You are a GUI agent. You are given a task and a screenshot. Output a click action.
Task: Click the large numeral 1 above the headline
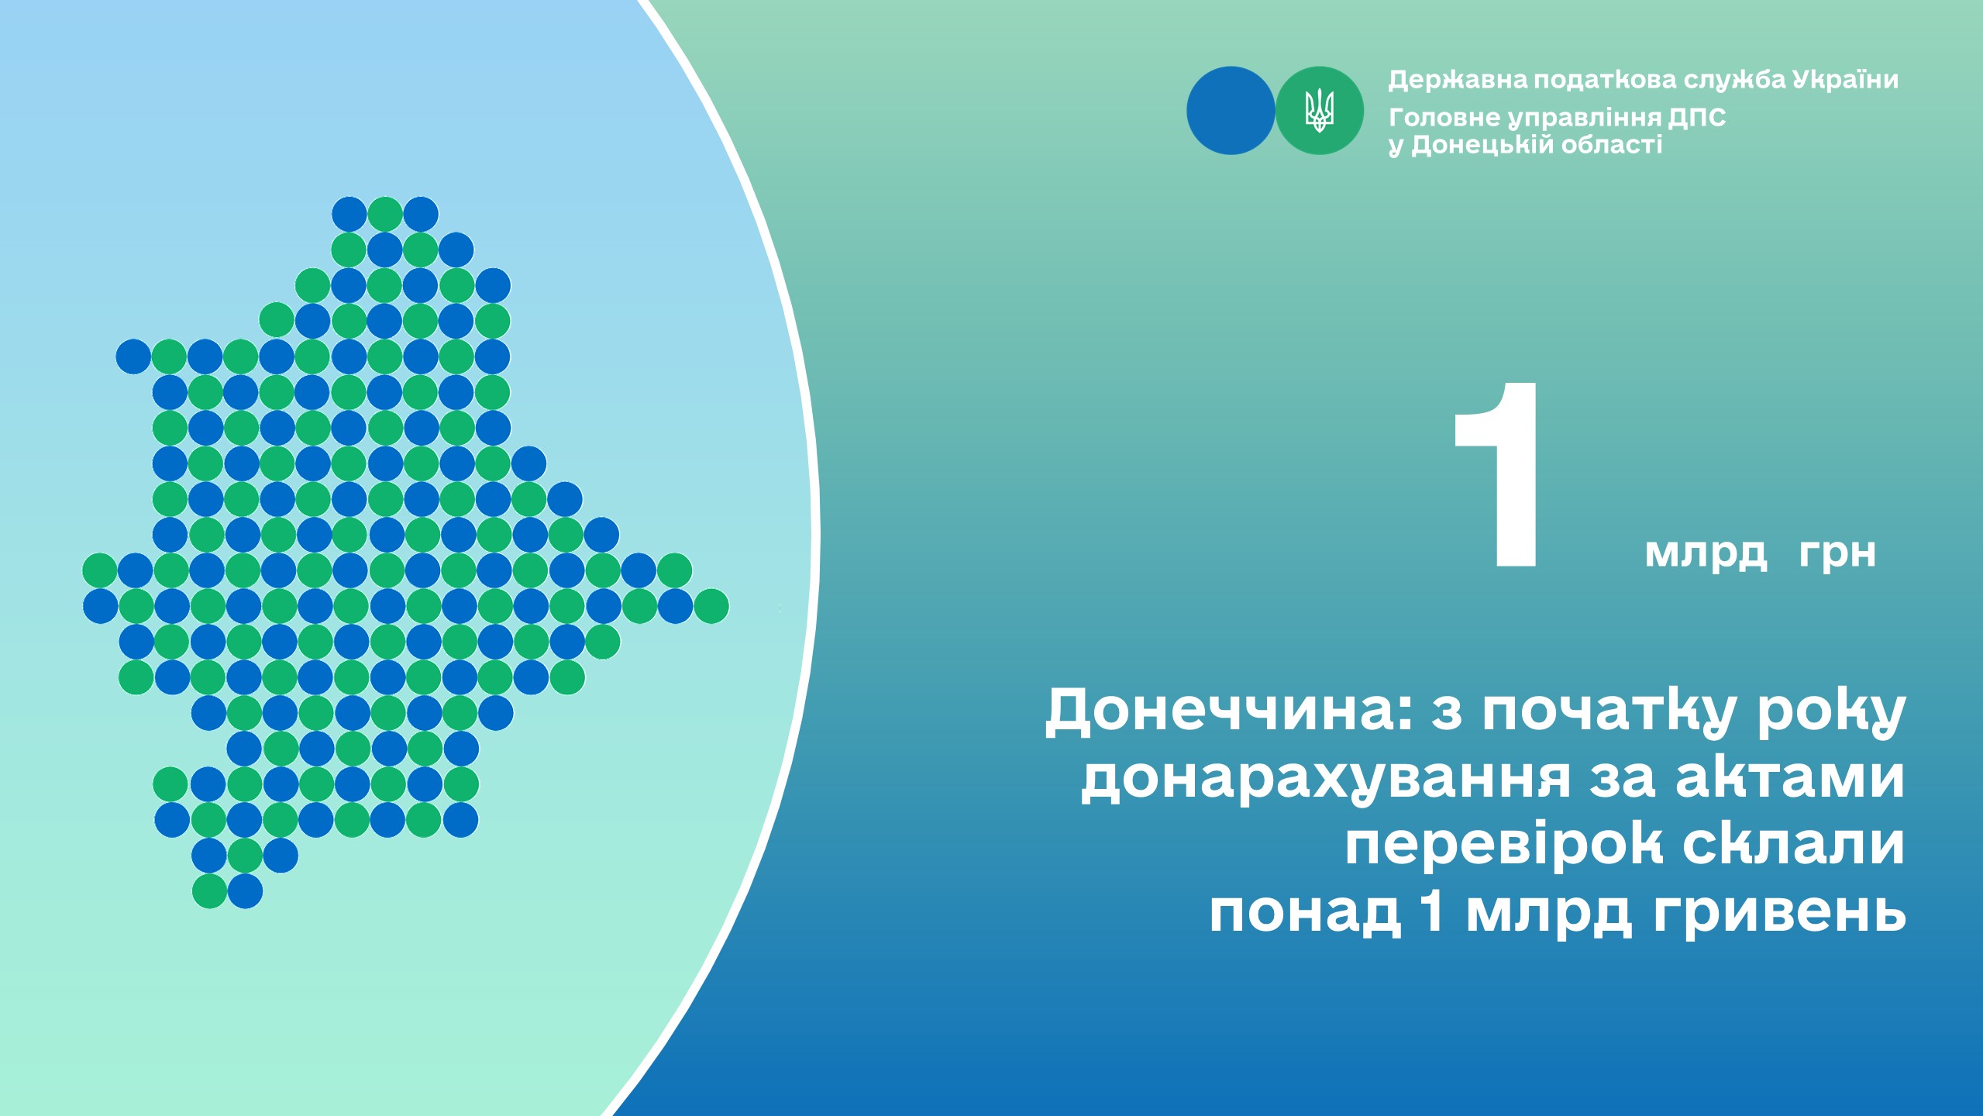(1496, 474)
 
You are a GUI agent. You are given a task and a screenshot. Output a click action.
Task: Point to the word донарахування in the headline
(1326, 778)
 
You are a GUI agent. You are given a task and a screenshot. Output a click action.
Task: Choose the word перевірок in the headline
(1503, 844)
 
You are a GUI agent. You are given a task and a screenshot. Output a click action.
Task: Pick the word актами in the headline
(1790, 778)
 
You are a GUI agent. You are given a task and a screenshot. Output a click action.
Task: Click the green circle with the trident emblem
(1319, 111)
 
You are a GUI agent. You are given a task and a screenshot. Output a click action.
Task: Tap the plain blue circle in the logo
(1231, 111)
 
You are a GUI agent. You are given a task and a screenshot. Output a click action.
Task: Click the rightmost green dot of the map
(711, 606)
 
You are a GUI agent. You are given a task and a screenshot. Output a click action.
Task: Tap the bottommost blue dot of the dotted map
(245, 891)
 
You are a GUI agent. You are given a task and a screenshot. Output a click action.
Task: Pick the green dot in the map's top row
(385, 214)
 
